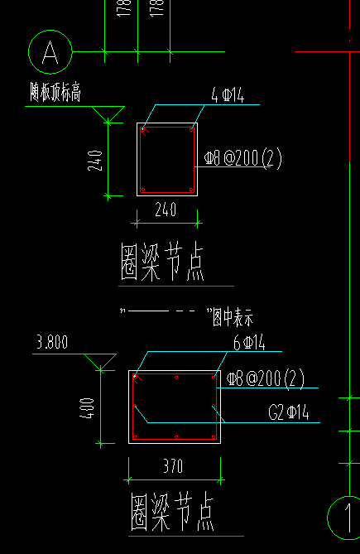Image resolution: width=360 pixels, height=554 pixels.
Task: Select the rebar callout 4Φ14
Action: click(228, 97)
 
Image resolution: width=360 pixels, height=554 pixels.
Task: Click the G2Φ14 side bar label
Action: click(289, 412)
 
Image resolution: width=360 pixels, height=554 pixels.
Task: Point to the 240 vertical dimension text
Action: click(95, 160)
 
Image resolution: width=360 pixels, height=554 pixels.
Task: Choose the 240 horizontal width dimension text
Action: click(166, 210)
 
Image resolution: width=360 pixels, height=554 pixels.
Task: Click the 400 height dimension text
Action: click(89, 407)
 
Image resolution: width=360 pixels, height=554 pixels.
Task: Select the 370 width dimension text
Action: click(173, 467)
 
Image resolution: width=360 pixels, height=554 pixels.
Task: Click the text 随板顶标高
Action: click(55, 93)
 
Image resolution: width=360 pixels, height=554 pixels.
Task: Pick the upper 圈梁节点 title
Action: click(162, 263)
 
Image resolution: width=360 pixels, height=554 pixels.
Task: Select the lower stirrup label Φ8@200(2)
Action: click(266, 379)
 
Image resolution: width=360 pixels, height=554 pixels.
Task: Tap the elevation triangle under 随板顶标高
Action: click(108, 114)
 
